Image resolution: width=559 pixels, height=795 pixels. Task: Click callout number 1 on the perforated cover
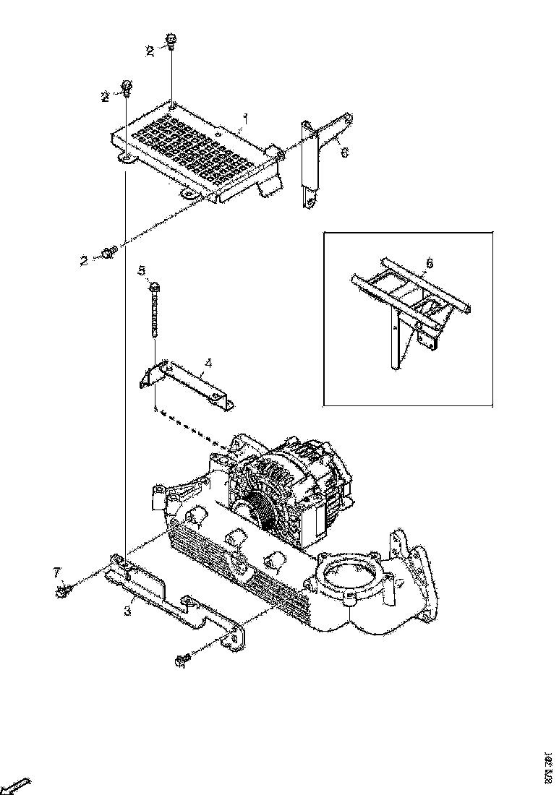tap(246, 117)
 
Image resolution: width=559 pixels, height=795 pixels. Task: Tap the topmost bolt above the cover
tap(172, 41)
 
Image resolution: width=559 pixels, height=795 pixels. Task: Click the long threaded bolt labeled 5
tap(154, 311)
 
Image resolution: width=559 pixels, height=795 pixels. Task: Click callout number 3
tap(127, 611)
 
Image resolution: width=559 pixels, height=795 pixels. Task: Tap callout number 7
tap(56, 572)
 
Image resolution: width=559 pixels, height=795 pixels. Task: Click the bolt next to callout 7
tap(63, 592)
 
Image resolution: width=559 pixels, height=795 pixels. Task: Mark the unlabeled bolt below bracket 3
tap(182, 659)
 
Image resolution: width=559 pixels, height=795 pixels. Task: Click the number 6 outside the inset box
tap(344, 152)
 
